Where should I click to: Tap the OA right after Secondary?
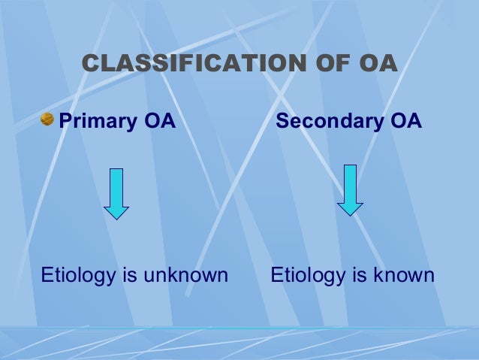pos(405,121)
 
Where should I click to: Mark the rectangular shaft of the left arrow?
pos(116,185)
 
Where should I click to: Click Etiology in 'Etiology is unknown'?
pos(74,276)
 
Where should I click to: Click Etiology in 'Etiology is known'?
pos(304,276)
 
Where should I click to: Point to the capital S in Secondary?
pos(283,121)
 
